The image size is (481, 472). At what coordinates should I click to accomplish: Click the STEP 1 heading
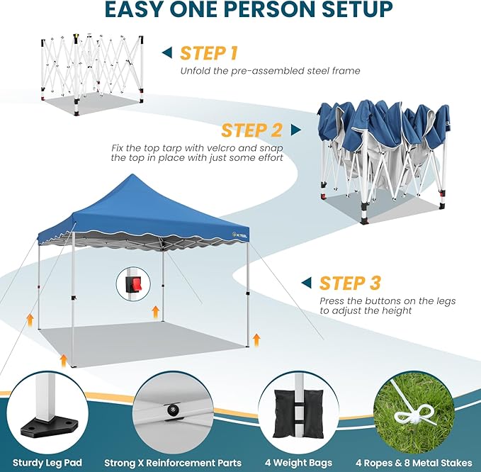[208, 53]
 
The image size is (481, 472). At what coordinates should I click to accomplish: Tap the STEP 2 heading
[251, 130]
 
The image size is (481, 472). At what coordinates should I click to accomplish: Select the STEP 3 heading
[351, 283]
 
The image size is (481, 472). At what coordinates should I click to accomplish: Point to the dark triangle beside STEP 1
[167, 52]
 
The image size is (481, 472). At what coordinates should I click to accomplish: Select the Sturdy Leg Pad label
[48, 463]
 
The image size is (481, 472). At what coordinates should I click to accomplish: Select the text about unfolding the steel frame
[270, 71]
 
